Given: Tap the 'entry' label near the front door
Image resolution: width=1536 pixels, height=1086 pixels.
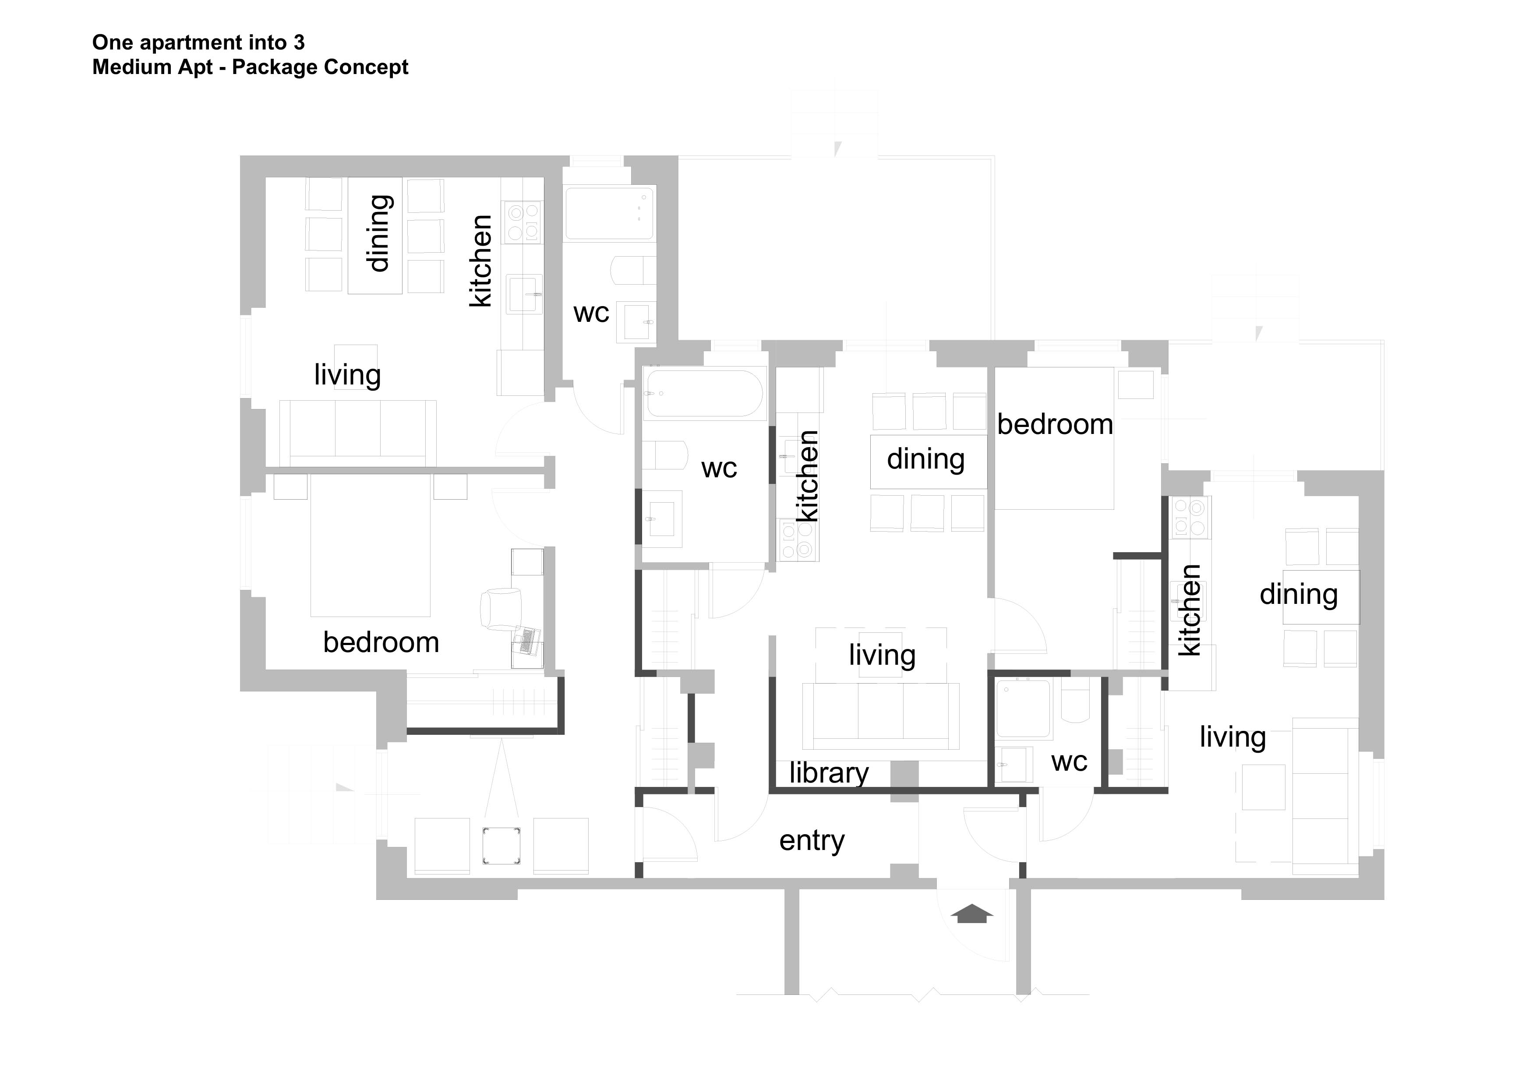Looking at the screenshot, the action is coord(812,841).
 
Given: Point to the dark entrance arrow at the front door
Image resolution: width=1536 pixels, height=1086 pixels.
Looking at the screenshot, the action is coord(972,913).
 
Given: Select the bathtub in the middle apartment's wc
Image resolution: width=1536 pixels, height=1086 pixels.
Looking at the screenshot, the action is coord(704,393).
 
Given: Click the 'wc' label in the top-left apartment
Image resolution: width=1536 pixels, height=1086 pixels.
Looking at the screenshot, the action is coord(591,313).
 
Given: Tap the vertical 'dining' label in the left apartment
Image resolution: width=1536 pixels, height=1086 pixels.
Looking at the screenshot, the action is coord(379,233).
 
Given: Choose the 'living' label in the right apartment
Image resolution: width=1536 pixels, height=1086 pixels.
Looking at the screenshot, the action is coord(1232,737).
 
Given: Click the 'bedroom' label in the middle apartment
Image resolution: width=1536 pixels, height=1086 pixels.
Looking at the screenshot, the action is coord(1055,425).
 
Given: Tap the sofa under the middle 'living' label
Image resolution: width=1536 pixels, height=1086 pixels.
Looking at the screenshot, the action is coord(880,716).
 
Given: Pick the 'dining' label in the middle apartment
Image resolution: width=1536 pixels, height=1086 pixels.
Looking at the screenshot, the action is coord(926,459).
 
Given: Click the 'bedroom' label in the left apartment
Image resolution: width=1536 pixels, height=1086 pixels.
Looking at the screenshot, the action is coord(381,643).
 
